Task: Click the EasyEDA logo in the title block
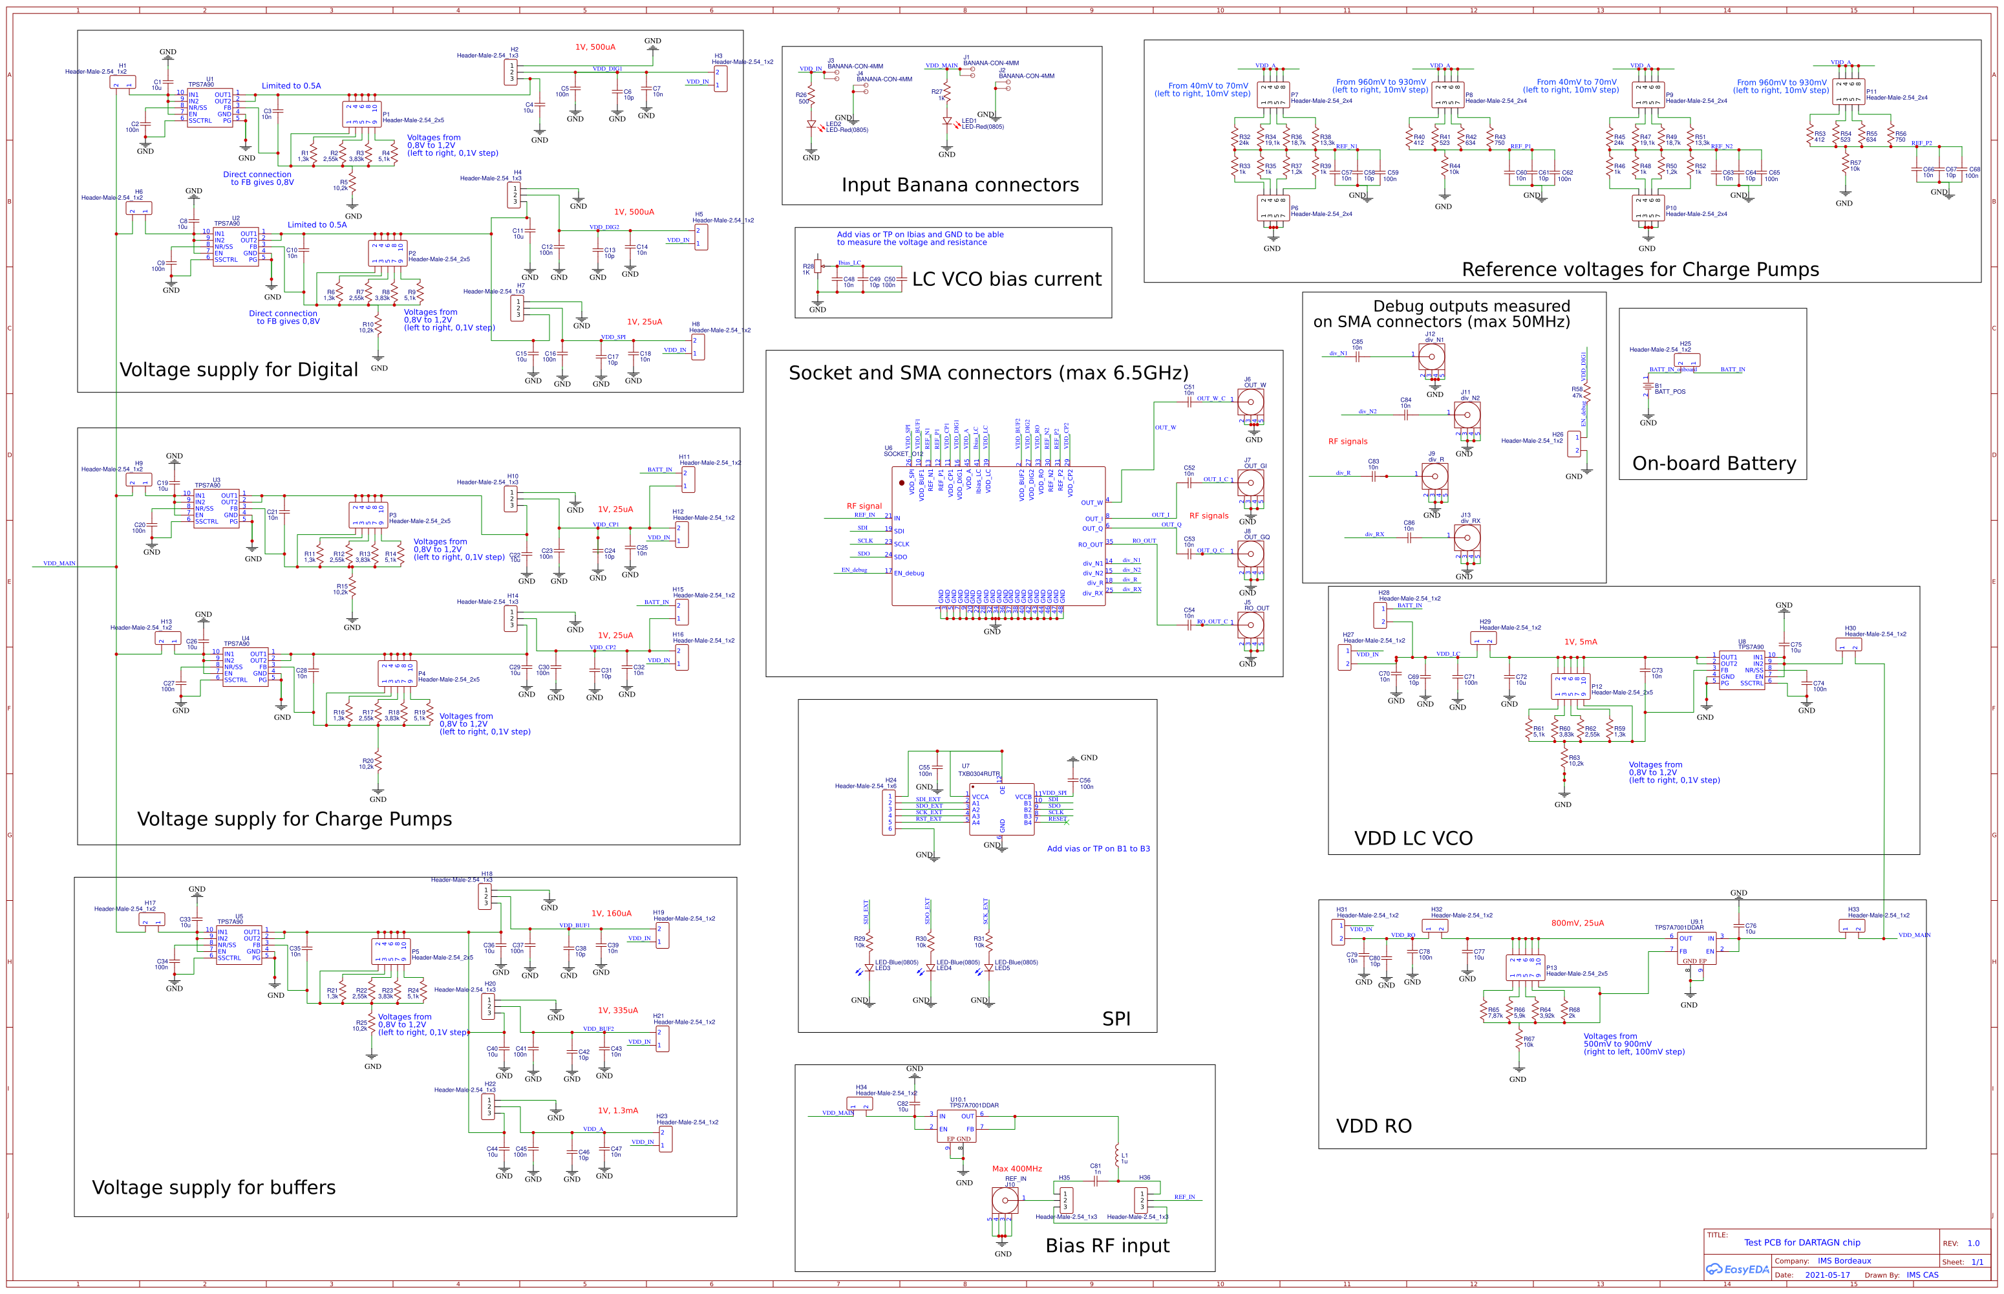click(x=1737, y=1269)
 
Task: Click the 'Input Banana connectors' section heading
click(x=960, y=185)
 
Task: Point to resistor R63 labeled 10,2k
click(x=1564, y=760)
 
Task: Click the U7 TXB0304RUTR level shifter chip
click(x=1001, y=808)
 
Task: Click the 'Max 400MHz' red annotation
click(x=1016, y=1169)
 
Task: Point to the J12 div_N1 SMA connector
click(x=1432, y=356)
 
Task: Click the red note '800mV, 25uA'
click(x=1577, y=923)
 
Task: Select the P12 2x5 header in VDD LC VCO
click(x=1570, y=685)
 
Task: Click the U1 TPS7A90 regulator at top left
click(x=209, y=107)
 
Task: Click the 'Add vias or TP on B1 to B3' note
click(x=1098, y=848)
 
